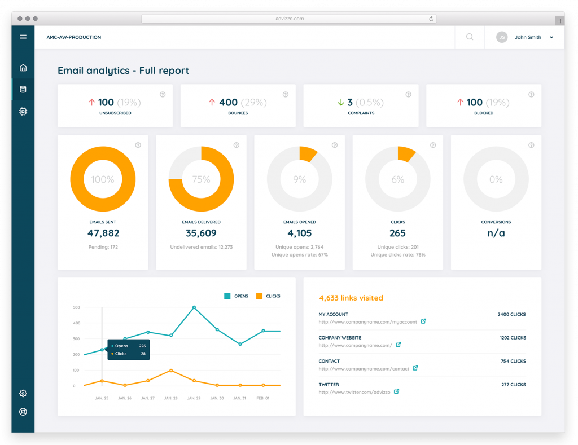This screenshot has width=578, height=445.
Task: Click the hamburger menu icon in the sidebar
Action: pos(23,37)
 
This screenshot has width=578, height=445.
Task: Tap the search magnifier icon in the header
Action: pos(470,37)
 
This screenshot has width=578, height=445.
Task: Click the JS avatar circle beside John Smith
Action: pos(501,37)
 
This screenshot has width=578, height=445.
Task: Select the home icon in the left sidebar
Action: pos(23,68)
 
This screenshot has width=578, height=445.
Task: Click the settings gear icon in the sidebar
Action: pos(23,393)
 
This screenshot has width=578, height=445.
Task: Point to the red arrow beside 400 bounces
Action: pos(212,103)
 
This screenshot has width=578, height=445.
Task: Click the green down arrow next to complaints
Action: pos(340,103)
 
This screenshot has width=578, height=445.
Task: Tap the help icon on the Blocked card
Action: pos(531,95)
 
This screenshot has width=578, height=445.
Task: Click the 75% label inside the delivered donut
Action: pos(201,179)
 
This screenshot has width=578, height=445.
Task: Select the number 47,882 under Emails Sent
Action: pos(103,233)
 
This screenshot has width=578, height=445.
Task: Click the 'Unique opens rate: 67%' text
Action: pos(299,255)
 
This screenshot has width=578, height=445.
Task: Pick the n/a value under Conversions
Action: pos(496,233)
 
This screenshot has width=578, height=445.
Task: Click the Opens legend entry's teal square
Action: pos(227,296)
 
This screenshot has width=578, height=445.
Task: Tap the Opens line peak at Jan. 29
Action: pos(194,307)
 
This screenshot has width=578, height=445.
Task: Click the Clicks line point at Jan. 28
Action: pos(171,371)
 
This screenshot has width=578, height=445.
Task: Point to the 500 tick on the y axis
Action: pos(76,307)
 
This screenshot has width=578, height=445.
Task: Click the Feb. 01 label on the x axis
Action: pos(263,398)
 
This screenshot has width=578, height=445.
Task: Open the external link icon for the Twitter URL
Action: pos(396,391)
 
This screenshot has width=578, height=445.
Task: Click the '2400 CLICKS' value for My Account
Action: pos(511,314)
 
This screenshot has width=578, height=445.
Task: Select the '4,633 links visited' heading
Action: pos(351,298)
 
